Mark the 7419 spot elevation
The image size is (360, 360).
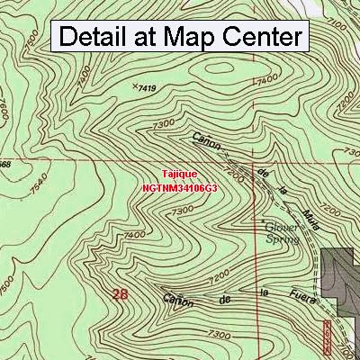145,87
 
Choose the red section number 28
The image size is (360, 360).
121,293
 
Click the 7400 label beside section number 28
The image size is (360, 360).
134,235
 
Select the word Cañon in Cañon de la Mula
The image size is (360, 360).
206,141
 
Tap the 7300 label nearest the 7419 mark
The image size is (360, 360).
164,122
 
